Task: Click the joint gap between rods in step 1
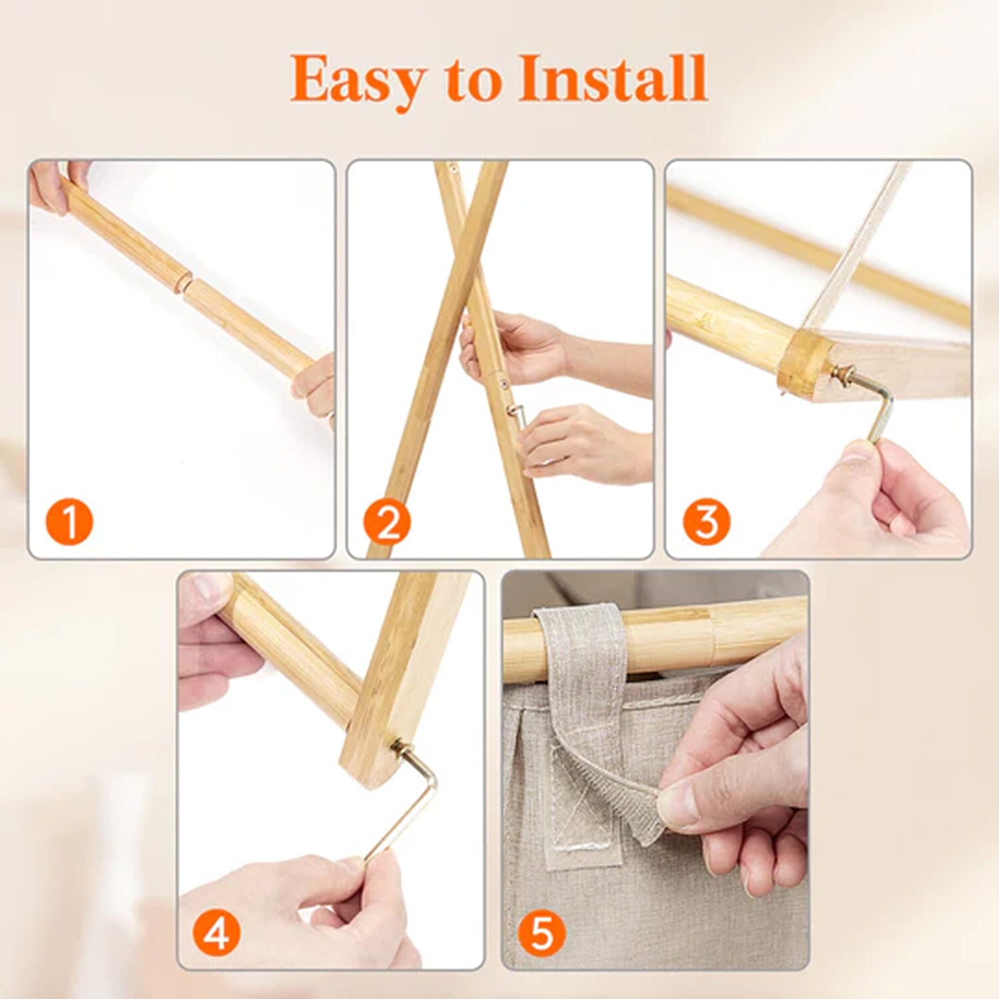coord(185,283)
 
